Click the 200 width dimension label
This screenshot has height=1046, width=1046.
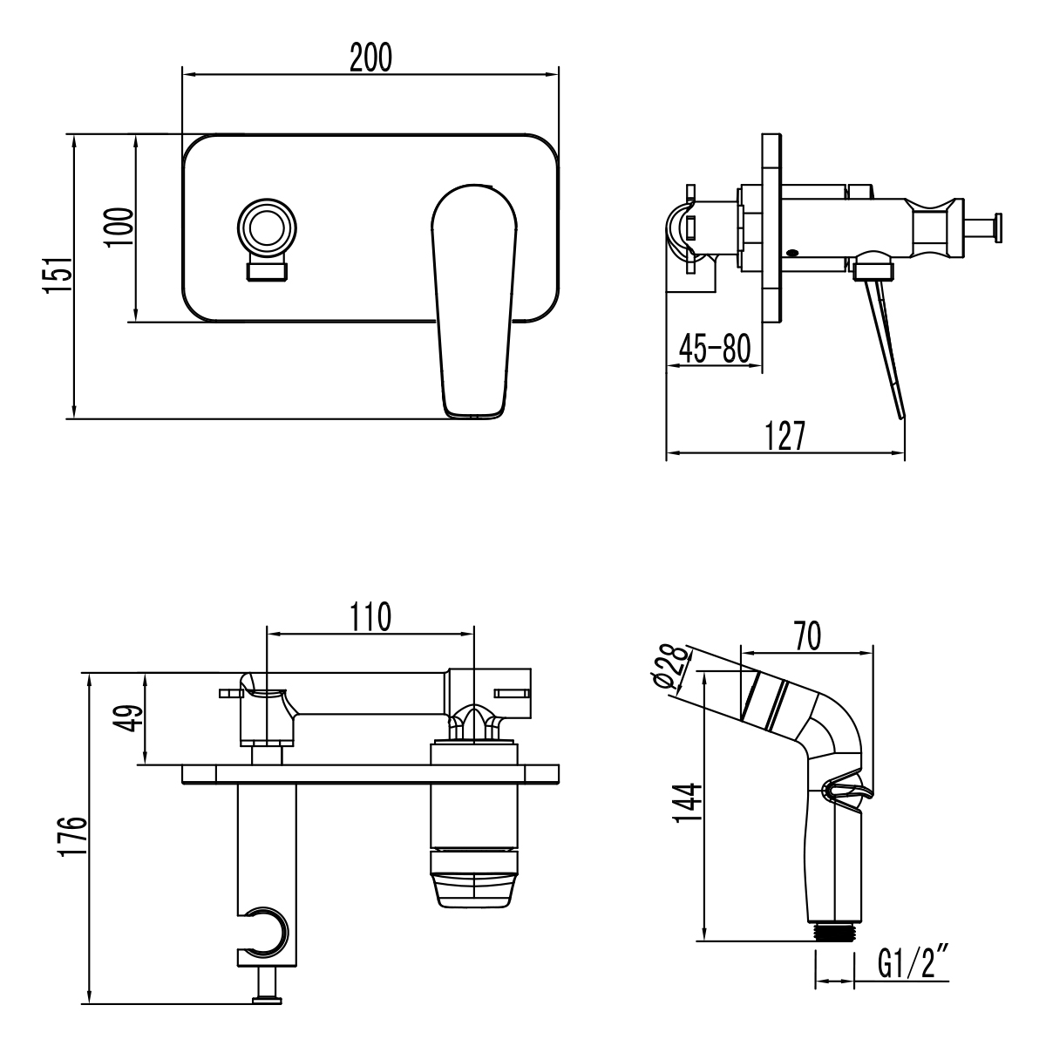coord(370,58)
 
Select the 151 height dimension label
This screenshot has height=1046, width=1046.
coord(57,276)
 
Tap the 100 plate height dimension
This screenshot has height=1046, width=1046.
coord(120,228)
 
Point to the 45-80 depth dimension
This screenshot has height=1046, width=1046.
coord(714,349)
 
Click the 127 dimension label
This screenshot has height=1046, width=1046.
coord(784,435)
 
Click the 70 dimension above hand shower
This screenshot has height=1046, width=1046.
coord(806,636)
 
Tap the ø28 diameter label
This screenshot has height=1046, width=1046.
coord(672,669)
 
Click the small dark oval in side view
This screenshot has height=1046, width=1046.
coord(791,254)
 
